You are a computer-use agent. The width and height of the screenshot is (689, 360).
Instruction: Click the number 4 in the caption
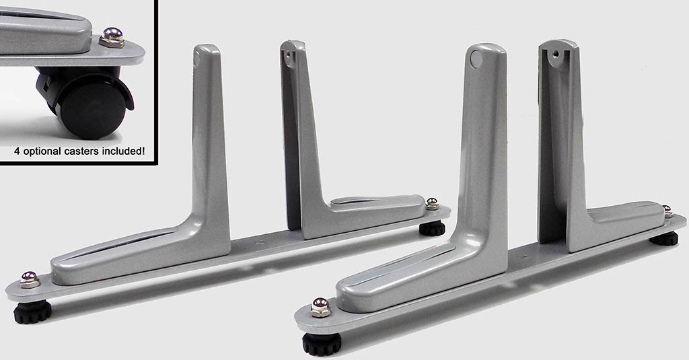click(17, 151)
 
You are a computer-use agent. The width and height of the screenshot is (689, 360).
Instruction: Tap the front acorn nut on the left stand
click(29, 279)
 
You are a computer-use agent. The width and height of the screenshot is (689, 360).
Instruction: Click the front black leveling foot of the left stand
click(32, 312)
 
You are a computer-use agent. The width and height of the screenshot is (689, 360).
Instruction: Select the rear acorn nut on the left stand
click(432, 203)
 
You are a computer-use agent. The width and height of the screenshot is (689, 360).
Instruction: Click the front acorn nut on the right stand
click(320, 308)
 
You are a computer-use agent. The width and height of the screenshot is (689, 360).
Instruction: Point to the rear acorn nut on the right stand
click(667, 211)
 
